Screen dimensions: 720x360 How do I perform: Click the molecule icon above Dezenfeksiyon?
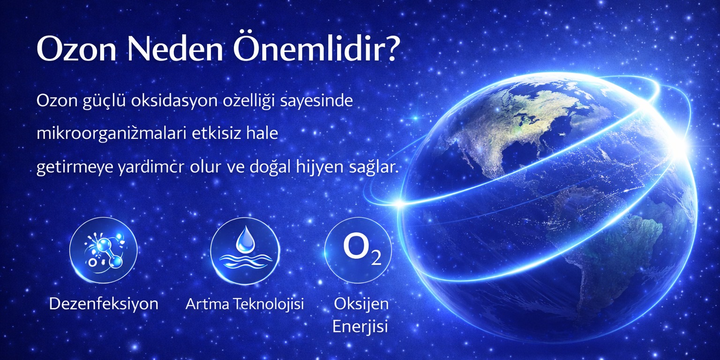point(103,251)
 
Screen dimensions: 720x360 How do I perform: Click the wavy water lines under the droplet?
point(245,260)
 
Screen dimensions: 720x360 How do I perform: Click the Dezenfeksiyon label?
point(104,304)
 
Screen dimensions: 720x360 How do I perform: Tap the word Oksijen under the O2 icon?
point(361,304)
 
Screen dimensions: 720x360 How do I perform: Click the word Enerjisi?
point(360,327)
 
